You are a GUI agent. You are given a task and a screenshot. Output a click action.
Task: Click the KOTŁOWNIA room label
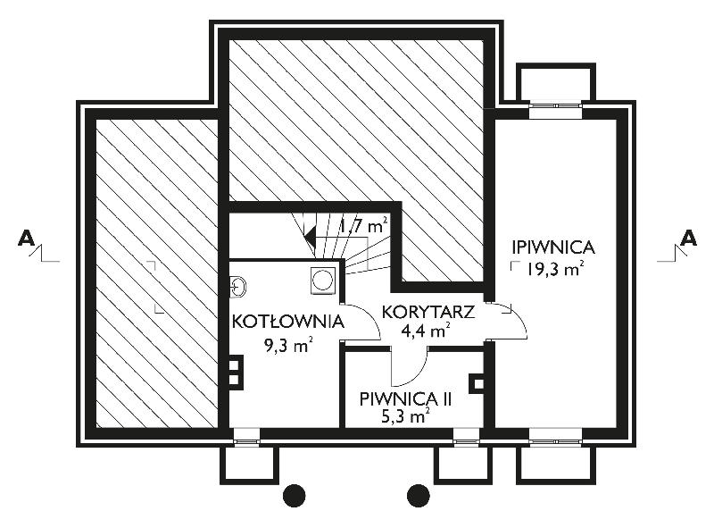(287, 322)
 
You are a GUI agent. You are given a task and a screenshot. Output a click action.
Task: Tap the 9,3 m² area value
(287, 345)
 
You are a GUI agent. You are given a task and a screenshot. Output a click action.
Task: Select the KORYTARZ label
(428, 313)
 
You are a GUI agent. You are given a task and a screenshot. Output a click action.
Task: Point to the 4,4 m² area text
(426, 331)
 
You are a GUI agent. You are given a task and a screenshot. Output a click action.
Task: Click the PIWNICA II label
(406, 399)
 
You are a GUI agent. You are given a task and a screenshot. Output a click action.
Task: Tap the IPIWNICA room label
(553, 247)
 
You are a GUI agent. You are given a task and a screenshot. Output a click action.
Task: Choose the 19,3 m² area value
(555, 269)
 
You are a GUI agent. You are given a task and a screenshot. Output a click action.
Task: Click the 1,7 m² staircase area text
(363, 225)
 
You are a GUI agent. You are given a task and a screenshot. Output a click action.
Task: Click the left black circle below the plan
(294, 495)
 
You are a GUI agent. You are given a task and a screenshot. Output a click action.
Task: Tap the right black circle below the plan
(418, 495)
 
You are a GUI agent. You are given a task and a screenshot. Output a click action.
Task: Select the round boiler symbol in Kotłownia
(323, 280)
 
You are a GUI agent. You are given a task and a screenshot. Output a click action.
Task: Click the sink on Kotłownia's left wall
(237, 288)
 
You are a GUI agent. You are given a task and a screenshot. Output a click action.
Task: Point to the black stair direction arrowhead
(311, 237)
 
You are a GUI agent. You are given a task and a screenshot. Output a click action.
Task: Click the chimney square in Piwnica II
(477, 383)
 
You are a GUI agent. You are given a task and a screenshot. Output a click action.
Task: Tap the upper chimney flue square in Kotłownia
(235, 365)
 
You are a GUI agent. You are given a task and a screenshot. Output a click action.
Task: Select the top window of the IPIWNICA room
(556, 105)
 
